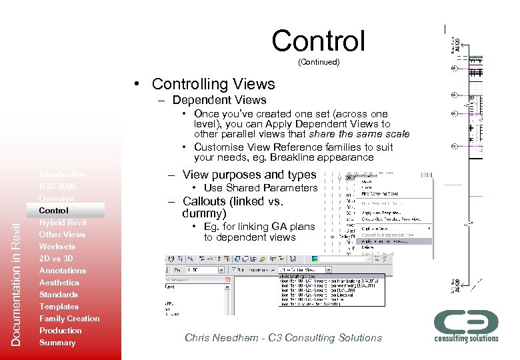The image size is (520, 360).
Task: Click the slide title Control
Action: tap(318, 41)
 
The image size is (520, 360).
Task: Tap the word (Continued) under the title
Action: tap(318, 62)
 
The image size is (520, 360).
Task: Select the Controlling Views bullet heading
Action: tap(213, 84)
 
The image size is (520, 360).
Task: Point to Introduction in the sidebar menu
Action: tap(62, 175)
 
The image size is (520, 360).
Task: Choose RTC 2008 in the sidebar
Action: tap(57, 187)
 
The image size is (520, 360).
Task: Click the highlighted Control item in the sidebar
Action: tap(53, 211)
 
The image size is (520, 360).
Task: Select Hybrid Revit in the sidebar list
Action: tap(63, 223)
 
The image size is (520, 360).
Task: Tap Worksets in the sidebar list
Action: tap(57, 247)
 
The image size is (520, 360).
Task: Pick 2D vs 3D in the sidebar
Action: tap(56, 259)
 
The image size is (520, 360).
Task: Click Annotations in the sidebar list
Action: tap(62, 271)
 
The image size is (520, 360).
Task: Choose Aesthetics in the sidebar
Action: tap(59, 283)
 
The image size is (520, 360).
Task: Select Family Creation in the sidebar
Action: tap(69, 319)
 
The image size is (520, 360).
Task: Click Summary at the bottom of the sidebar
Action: tap(57, 343)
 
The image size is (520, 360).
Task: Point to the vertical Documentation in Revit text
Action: tap(17, 283)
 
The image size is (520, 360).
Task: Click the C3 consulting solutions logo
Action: tap(466, 325)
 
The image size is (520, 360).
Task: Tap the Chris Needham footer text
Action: tap(283, 338)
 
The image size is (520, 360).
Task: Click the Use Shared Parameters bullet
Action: tap(261, 188)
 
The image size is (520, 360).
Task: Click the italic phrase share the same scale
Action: tap(367, 134)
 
